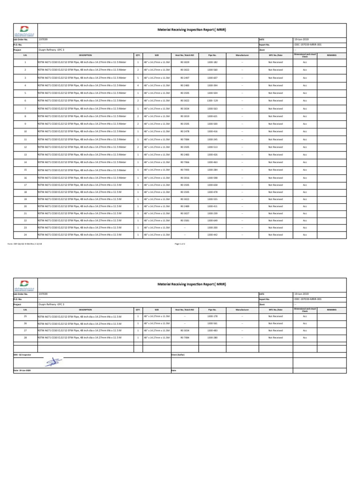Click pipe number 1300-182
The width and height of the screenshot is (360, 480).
click(x=212, y=62)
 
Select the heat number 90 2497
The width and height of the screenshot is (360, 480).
click(x=185, y=78)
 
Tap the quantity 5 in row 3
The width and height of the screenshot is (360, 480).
click(x=138, y=78)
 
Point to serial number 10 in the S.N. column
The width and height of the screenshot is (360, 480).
click(x=25, y=132)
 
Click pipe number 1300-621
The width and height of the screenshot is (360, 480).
click(x=212, y=116)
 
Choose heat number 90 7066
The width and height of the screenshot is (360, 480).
click(x=185, y=162)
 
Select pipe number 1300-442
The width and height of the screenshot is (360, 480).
click(x=212, y=235)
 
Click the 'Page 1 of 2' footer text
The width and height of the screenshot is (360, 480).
click(x=180, y=244)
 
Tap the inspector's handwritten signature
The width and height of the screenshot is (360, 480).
click(x=52, y=362)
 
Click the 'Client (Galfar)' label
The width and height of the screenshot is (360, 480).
click(x=179, y=354)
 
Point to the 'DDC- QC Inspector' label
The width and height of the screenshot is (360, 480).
click(x=22, y=354)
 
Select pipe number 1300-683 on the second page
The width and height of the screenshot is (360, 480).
click(x=212, y=330)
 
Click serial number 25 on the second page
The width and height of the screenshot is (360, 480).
click(x=25, y=316)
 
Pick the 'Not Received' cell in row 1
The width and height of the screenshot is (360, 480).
click(x=275, y=62)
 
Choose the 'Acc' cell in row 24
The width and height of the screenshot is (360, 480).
click(x=305, y=235)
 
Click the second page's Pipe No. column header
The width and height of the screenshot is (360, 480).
click(x=212, y=310)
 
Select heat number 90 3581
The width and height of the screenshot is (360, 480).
click(x=185, y=220)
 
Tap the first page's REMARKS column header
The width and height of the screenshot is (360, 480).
click(x=331, y=55)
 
